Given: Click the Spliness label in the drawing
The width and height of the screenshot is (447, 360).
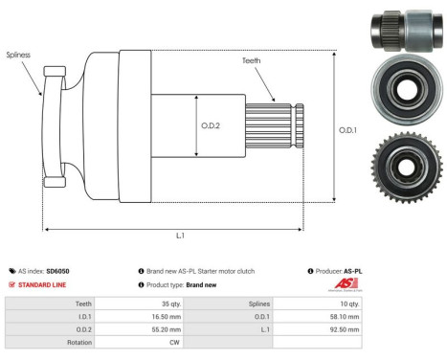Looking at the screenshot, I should [17, 56].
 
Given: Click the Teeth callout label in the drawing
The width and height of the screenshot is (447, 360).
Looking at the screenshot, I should [252, 61].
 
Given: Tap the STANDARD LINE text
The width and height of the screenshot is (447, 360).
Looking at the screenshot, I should [44, 284].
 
